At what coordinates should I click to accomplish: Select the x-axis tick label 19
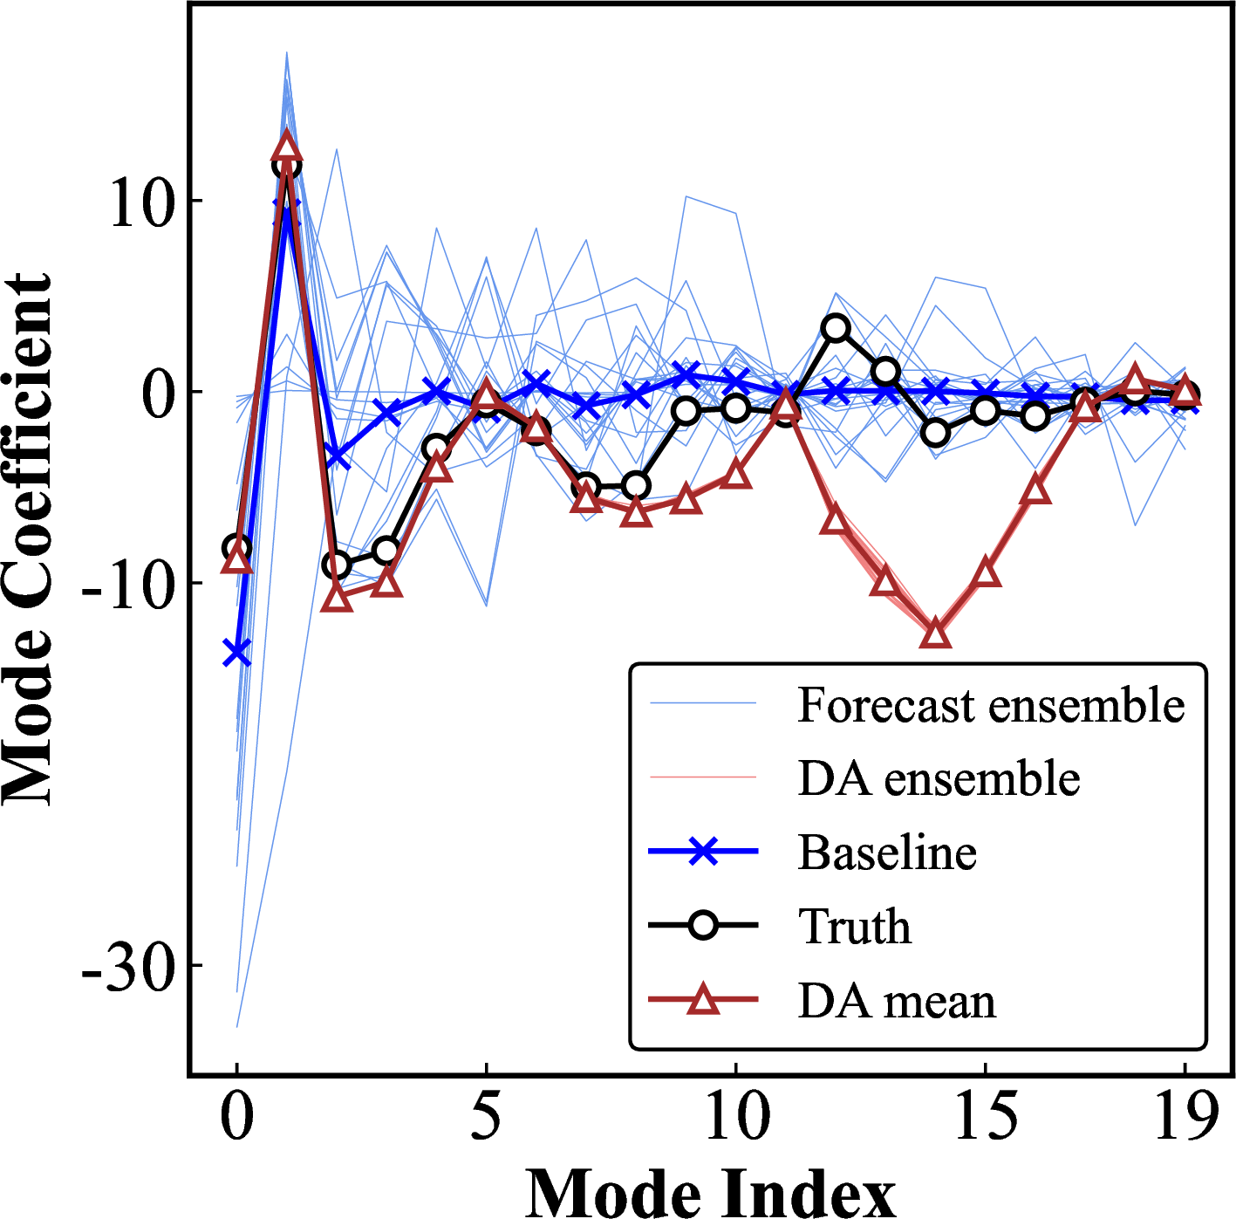1185,1117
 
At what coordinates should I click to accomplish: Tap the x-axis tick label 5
486,1117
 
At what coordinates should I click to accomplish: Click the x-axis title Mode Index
710,1191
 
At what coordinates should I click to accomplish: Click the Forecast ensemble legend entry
991,705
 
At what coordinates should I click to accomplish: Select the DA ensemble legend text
939,778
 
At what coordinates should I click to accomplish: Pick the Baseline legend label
887,853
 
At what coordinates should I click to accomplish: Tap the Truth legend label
855,927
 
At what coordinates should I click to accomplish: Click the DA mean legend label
897,1001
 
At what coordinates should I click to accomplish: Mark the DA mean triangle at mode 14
935,633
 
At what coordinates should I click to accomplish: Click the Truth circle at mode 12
836,328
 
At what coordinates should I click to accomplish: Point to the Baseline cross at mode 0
236,652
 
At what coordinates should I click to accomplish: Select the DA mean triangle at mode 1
286,147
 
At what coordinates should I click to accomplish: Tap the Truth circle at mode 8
637,486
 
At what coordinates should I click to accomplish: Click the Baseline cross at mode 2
337,456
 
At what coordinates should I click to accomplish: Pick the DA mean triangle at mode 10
736,475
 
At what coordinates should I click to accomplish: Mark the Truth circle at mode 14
935,432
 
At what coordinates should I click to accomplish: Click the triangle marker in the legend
703,999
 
